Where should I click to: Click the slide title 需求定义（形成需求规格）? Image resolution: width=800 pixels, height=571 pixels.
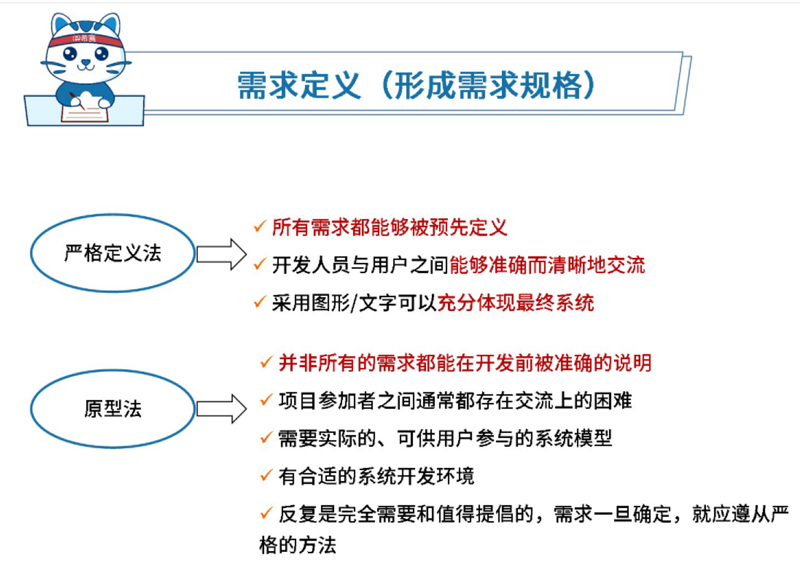tap(417, 85)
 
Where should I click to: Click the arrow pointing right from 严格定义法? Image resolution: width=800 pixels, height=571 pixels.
tap(222, 254)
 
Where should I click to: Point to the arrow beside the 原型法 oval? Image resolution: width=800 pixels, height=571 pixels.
tap(222, 409)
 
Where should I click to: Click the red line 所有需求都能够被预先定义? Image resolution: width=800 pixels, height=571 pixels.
tap(389, 227)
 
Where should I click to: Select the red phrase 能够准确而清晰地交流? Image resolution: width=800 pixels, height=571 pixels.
tap(547, 265)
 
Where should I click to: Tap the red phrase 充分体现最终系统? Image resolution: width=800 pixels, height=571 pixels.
tap(515, 303)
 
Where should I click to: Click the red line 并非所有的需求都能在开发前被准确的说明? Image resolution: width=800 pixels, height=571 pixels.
tap(465, 363)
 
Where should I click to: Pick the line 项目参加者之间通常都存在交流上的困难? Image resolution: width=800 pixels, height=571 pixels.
tap(455, 401)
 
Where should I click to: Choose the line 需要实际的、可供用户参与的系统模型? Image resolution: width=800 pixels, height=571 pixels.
tap(445, 438)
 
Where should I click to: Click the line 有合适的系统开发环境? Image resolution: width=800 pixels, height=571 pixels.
tap(377, 476)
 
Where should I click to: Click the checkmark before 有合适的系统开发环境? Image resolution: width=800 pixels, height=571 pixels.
tap(266, 475)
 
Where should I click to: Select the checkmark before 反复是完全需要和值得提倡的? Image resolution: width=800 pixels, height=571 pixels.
tap(266, 513)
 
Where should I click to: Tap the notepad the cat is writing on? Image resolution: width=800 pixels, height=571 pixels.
tap(85, 113)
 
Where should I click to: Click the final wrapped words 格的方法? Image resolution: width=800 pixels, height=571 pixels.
tap(297, 545)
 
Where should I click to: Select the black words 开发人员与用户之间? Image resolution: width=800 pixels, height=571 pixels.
tap(360, 265)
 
